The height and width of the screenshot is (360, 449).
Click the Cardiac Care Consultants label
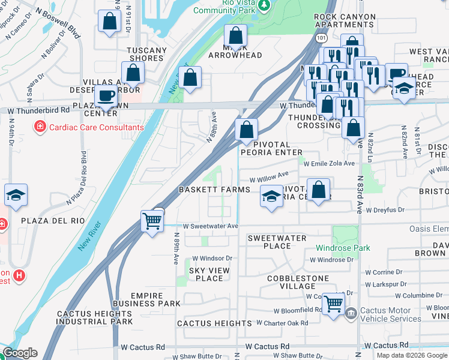(x=96, y=127)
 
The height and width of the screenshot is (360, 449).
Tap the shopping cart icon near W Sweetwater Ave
(x=152, y=221)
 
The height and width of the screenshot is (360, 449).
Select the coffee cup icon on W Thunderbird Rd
(x=106, y=96)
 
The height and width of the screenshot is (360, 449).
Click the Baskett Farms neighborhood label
(x=214, y=190)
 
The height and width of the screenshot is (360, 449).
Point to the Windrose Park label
(x=343, y=248)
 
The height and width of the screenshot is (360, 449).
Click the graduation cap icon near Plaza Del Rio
(x=16, y=195)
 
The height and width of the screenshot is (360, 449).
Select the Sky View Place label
(x=209, y=274)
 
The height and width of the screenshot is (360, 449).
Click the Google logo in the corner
(x=19, y=353)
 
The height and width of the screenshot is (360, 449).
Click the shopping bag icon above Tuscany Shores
(x=109, y=22)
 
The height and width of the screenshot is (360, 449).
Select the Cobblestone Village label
(x=298, y=282)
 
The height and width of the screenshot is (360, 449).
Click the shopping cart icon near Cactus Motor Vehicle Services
(x=333, y=303)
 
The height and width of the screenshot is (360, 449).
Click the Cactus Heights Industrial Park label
(x=95, y=317)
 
